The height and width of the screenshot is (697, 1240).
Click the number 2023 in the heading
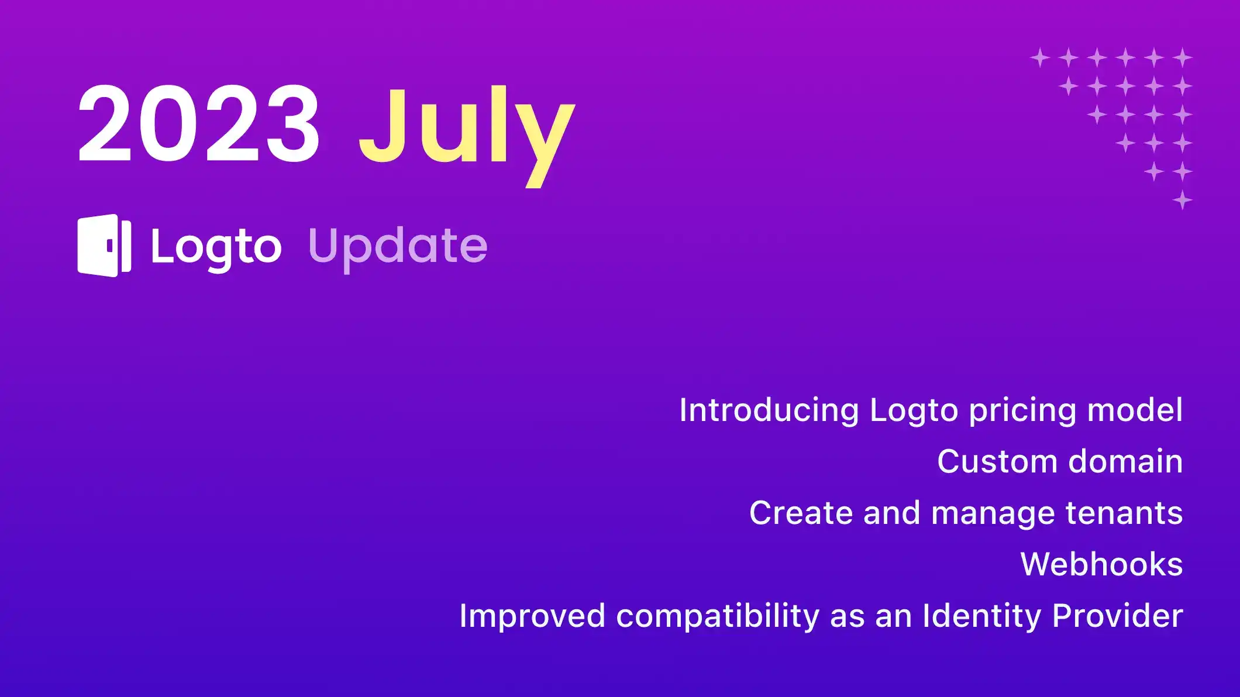tap(199, 124)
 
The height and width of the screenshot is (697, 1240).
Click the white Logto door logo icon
tap(104, 246)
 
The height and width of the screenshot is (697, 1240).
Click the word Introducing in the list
tap(769, 410)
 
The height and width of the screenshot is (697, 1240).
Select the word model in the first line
tap(1135, 410)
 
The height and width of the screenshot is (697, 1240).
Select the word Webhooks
tap(1101, 564)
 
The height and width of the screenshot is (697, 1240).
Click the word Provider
tap(1117, 616)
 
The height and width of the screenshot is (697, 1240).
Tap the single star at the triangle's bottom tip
tap(1182, 200)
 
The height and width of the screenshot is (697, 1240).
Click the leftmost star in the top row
tap(1040, 58)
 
